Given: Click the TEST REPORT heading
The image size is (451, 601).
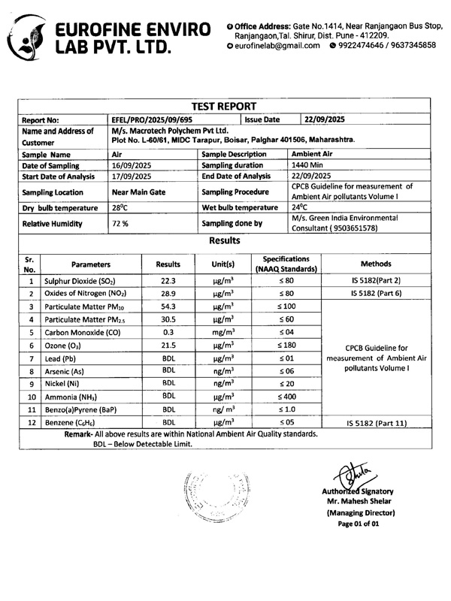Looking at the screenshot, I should click(x=225, y=105).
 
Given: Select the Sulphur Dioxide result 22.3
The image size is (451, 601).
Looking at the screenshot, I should click(x=168, y=280).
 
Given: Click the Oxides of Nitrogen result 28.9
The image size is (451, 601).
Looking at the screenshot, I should click(x=168, y=293).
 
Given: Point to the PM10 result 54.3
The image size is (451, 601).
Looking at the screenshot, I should click(x=168, y=307).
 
